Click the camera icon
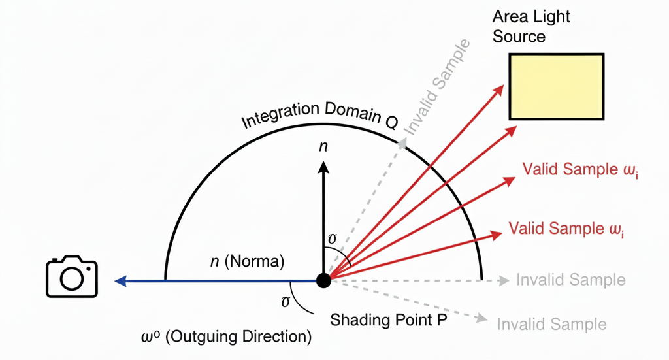[x=72, y=278]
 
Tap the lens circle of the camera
[x=72, y=280]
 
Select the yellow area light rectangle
[x=557, y=86]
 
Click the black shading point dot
[x=323, y=280]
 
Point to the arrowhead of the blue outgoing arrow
[x=119, y=281]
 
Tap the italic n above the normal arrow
[x=323, y=146]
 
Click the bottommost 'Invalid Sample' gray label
[x=551, y=324]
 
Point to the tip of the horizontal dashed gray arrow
[x=508, y=281]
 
